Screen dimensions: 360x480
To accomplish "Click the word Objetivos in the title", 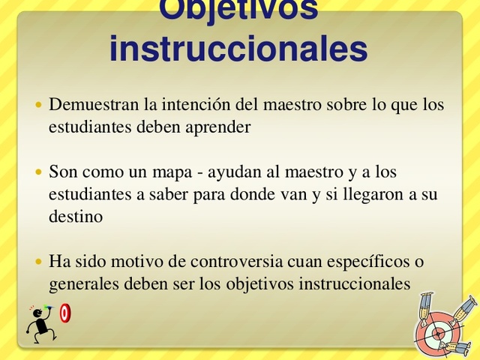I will click(238, 9).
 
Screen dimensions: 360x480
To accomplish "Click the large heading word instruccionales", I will click(238, 49).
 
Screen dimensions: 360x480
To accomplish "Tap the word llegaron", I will click(370, 194).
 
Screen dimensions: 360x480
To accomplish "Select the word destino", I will click(75, 217).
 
